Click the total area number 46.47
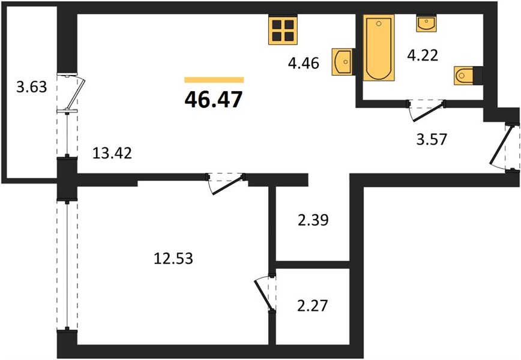[213, 100]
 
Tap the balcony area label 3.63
[32, 88]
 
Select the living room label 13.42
[112, 153]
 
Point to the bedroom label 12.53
[173, 259]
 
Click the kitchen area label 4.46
[303, 63]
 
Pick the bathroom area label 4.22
[423, 55]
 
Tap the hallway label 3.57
[432, 139]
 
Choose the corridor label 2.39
[313, 220]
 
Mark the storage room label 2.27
[312, 305]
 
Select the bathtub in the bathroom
[379, 47]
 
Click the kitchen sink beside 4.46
[343, 61]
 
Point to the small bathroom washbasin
[426, 23]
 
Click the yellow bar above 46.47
[214, 80]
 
